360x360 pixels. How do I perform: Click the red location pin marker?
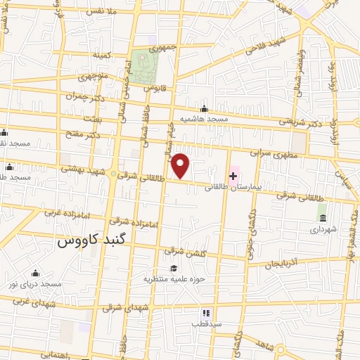(x=181, y=166)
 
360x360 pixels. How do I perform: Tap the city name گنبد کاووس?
(x=85, y=241)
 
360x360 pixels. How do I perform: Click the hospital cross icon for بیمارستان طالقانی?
(x=233, y=175)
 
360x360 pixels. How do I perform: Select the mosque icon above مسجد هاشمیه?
(x=204, y=108)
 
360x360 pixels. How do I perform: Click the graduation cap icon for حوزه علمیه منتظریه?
(x=173, y=268)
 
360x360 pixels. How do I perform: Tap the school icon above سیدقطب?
(x=206, y=313)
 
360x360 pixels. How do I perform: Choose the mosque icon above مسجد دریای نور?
(x=35, y=274)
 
